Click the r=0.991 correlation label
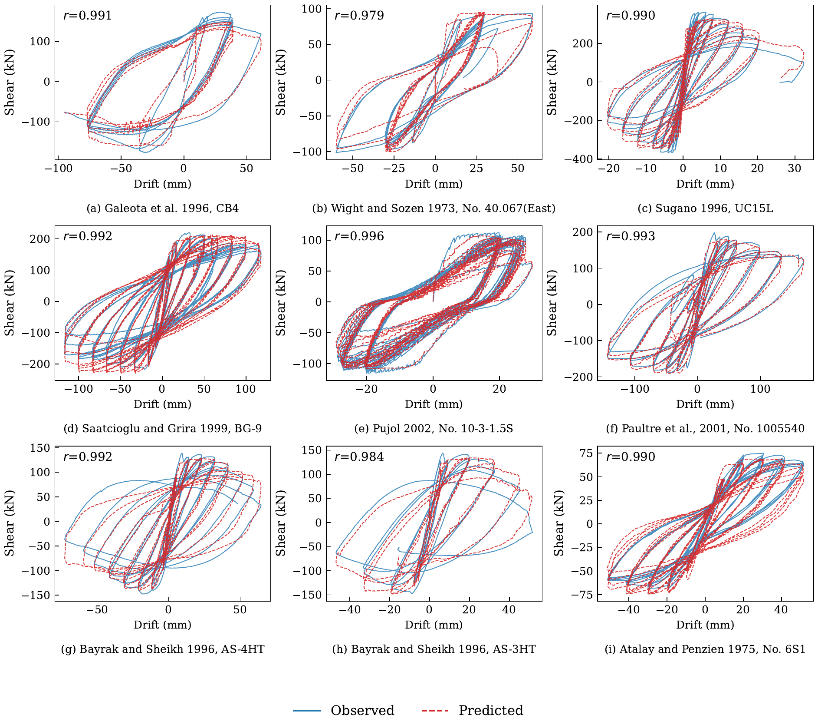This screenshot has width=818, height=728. tap(88, 16)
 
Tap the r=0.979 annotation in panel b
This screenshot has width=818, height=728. tap(359, 16)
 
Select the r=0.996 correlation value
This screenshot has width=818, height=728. tap(359, 236)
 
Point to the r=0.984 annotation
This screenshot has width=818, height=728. tap(359, 457)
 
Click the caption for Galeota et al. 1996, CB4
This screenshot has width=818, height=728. tap(163, 208)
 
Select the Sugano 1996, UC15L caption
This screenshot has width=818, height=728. tap(705, 208)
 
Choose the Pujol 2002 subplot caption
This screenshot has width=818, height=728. tap(434, 429)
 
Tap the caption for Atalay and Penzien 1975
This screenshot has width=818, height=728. tap(705, 649)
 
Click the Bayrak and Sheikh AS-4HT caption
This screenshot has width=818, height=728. tap(163, 649)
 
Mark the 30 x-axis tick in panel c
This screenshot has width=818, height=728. tap(795, 169)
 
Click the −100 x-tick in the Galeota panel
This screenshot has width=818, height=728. tap(59, 169)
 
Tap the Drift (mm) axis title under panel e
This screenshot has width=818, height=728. tap(434, 404)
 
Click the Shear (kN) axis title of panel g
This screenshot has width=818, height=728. tap(10, 523)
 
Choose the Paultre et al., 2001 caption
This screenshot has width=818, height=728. tap(705, 429)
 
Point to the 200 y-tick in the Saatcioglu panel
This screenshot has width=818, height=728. tap(40, 239)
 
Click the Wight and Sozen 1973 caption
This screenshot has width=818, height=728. tap(434, 208)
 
